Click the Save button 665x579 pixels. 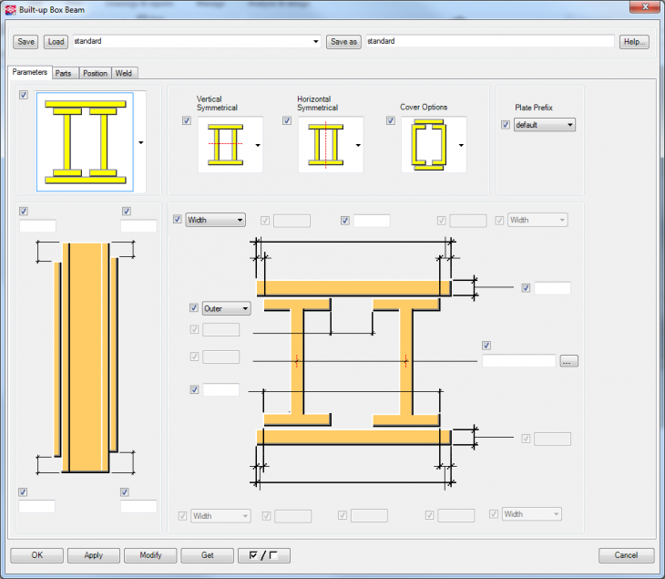tap(26, 42)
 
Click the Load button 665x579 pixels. tap(56, 42)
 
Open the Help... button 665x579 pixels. tap(634, 42)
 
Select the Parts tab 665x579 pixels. tap(64, 73)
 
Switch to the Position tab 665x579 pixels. tap(95, 73)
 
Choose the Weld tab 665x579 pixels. tap(125, 73)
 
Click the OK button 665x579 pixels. tap(36, 555)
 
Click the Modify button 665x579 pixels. tap(150, 555)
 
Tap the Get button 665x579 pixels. tap(208, 555)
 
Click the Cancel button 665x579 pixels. tap(626, 555)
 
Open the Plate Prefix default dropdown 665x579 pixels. tap(545, 125)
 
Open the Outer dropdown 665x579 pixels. tap(226, 308)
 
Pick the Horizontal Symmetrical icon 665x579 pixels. tap(324, 145)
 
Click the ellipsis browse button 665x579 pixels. tap(569, 361)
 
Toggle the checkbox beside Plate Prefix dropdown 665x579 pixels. tap(506, 125)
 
